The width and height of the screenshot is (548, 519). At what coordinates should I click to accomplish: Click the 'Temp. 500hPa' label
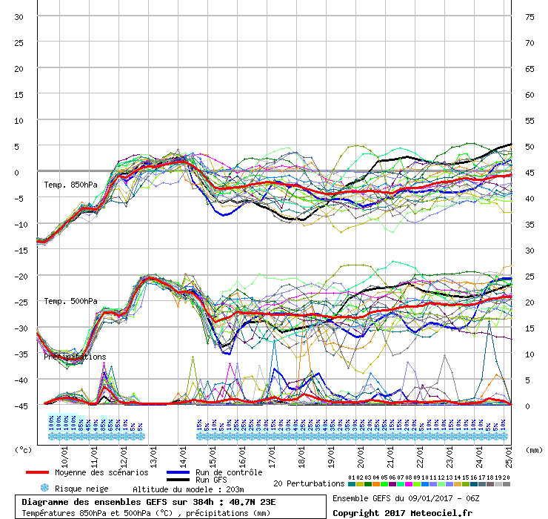click(70, 301)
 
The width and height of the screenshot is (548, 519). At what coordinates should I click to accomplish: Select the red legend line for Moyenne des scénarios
click(37, 472)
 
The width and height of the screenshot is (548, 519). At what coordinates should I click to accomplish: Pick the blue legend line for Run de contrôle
click(178, 472)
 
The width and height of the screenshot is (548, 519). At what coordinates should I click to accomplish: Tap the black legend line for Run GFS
click(178, 480)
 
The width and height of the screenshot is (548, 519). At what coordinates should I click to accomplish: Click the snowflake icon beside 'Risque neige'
click(44, 489)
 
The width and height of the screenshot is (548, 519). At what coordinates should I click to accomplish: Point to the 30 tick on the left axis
click(19, 17)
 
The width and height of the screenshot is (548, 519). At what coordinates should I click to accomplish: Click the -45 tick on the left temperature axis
click(18, 406)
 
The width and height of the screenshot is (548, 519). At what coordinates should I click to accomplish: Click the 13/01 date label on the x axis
click(153, 453)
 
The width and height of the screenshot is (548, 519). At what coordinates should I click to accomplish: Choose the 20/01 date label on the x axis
click(361, 453)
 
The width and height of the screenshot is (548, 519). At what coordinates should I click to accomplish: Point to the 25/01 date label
click(508, 453)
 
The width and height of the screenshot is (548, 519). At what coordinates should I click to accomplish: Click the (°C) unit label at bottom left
click(24, 449)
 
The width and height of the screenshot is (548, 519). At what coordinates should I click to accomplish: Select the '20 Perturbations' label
click(309, 484)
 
